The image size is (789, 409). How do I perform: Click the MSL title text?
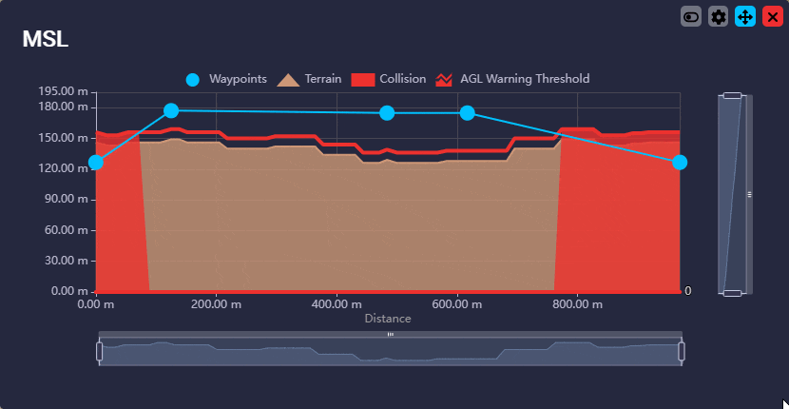(45, 39)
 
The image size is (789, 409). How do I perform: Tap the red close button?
(772, 17)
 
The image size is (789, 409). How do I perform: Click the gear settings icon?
(719, 17)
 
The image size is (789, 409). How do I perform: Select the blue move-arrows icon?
(745, 17)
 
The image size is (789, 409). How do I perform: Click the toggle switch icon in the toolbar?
(691, 17)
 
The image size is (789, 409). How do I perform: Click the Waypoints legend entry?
(226, 79)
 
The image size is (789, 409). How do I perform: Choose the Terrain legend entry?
(310, 79)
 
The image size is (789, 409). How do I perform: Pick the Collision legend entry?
(389, 79)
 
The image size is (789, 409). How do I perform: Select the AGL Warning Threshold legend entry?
(512, 79)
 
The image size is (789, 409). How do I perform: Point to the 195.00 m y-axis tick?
(63, 91)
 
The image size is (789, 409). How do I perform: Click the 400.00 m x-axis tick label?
(337, 304)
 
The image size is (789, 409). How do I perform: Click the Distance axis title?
(388, 319)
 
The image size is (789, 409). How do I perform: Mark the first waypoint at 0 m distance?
(95, 163)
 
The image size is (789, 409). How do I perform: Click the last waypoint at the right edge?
(680, 163)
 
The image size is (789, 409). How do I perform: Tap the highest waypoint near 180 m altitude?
(171, 111)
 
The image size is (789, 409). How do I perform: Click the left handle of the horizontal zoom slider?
(100, 351)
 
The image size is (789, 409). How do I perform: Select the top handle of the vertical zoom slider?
(732, 95)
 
